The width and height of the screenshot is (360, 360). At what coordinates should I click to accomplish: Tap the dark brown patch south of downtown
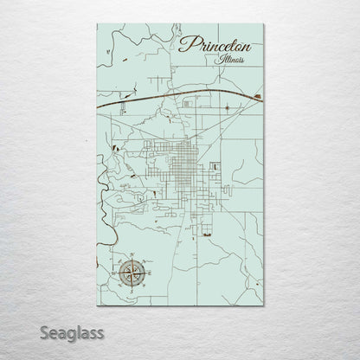pos(206,231)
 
